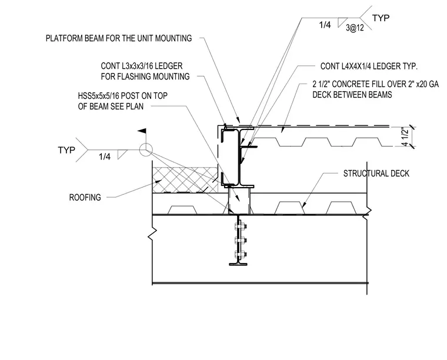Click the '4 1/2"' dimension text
pos(405,138)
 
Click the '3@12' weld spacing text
pos(355,28)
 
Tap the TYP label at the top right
pos(381,18)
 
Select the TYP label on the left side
pos(66,150)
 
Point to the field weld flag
pos(142,131)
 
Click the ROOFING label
pos(85,197)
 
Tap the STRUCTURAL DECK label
pos(376,174)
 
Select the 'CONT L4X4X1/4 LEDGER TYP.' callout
pos(369,66)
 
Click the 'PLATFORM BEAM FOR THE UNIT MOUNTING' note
pos(119,38)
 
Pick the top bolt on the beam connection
pos(241,227)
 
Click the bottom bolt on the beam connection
pos(241,254)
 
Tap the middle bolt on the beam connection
pos(241,241)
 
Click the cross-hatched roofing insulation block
pos(185,180)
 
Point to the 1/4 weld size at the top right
pos(325,25)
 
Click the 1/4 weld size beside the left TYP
pos(104,156)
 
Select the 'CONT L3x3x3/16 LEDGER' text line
pos(141,66)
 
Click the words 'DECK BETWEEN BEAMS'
pos(352,95)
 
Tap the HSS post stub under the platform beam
pos(239,201)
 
